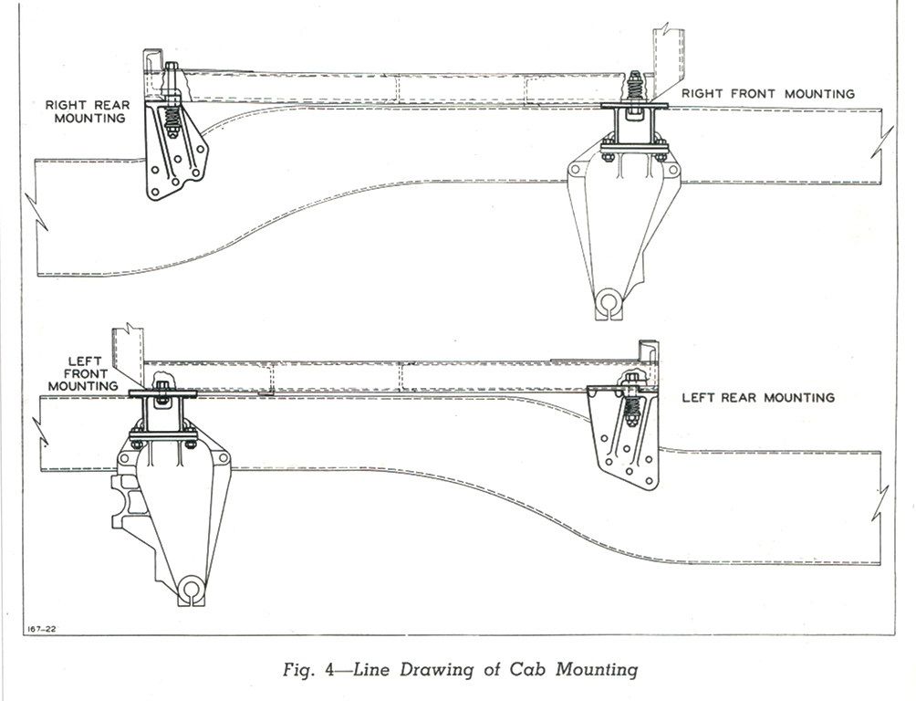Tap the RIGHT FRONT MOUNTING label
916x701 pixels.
[767, 93]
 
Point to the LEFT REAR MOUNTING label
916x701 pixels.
[758, 398]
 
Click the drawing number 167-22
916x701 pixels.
[36, 629]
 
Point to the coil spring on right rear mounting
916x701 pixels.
[172, 119]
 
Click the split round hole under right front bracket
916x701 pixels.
[609, 302]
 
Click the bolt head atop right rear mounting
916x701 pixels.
[172, 66]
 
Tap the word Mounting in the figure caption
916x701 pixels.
[597, 669]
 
